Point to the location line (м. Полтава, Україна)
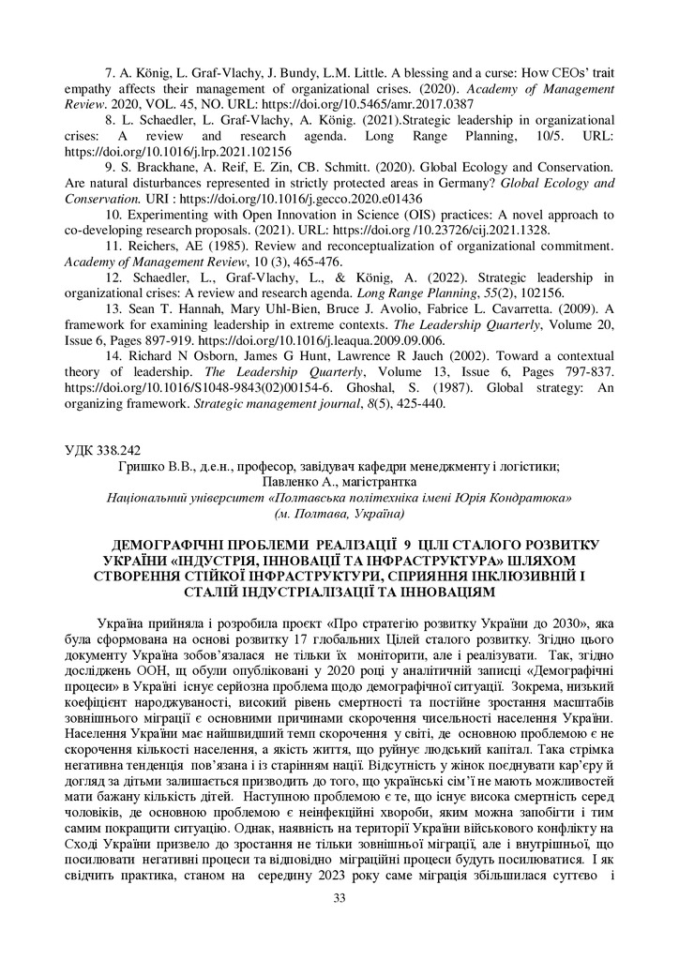pos(339,514)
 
